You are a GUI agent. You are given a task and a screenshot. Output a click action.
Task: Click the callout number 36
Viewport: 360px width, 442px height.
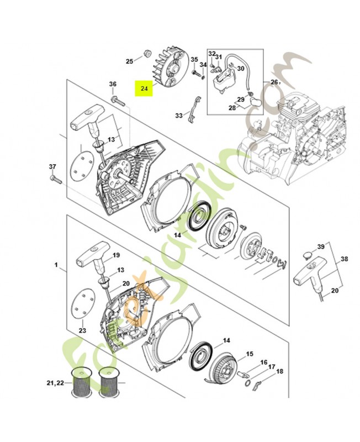(113, 84)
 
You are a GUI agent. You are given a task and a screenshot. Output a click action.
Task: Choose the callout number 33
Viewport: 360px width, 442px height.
(178, 115)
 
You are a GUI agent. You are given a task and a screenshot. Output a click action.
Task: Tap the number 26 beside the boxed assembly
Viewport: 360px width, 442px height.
(274, 82)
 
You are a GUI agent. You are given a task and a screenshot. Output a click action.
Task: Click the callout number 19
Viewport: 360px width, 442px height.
(116, 255)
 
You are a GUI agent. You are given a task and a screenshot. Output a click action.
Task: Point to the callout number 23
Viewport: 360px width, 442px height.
(82, 330)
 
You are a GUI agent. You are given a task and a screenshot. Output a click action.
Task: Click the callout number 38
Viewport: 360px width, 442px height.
(343, 257)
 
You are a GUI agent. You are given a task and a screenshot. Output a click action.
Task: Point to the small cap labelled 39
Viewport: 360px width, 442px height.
(307, 254)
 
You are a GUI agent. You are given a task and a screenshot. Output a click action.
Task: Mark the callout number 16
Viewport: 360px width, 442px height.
(264, 362)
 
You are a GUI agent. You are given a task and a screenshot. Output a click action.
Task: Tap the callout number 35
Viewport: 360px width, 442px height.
(194, 59)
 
